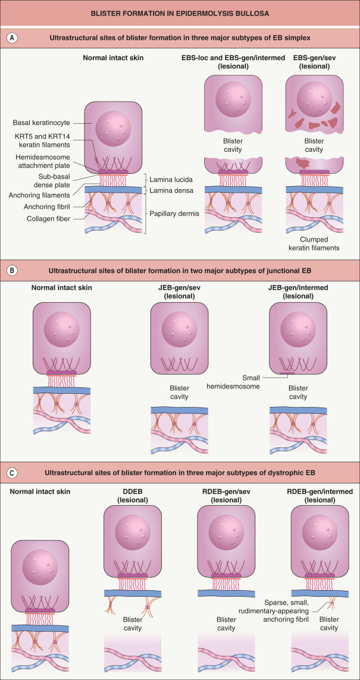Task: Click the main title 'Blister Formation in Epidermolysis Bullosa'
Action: point(180,12)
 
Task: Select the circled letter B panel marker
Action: point(11,270)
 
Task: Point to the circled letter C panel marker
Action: point(11,474)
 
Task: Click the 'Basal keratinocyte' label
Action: point(40,124)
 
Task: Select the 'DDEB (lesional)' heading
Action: point(130,496)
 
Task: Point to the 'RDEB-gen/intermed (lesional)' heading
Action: point(318,496)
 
